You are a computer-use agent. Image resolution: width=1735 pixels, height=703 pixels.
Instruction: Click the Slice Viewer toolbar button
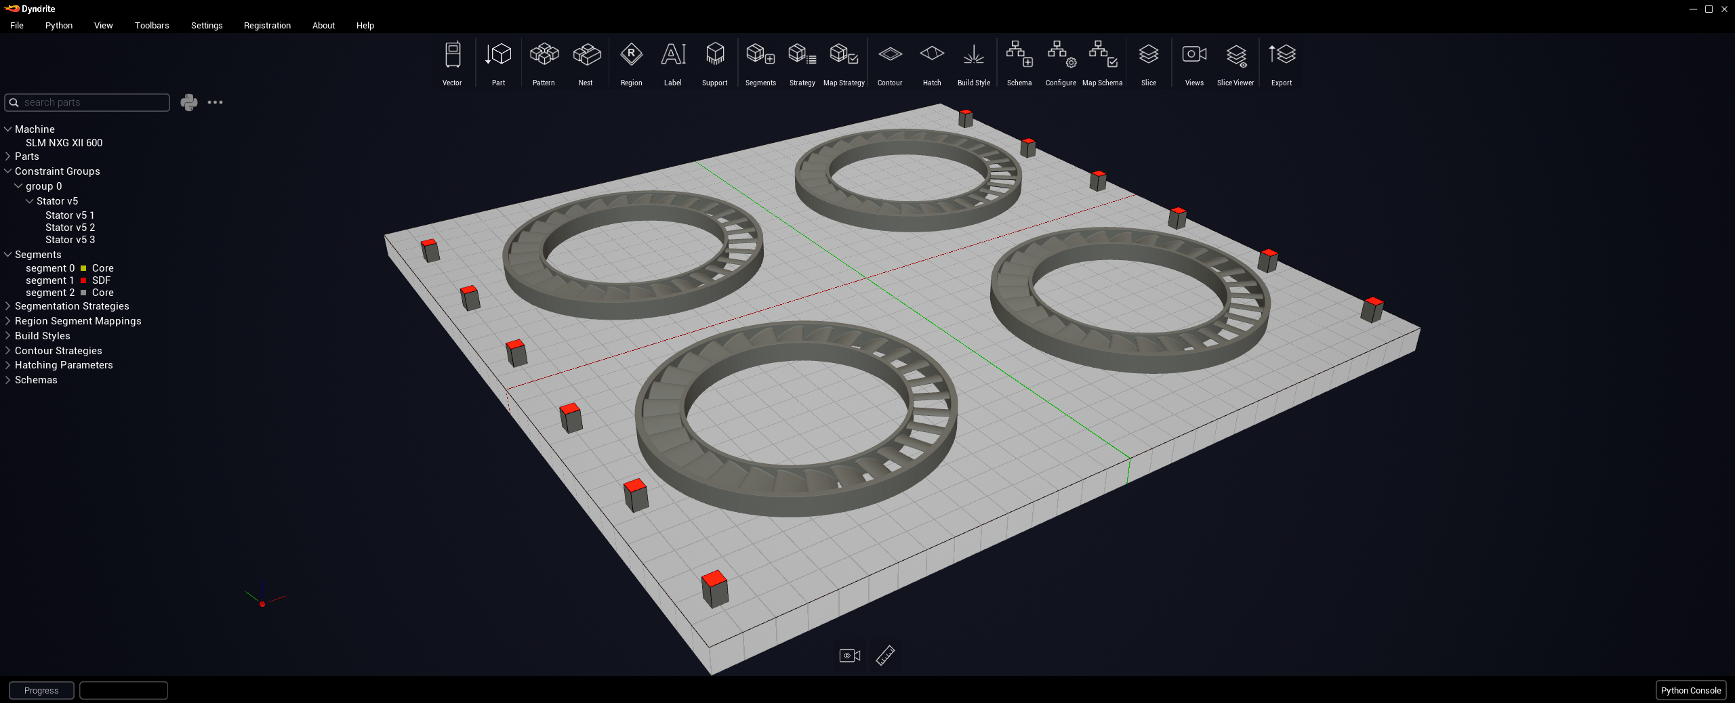click(x=1236, y=63)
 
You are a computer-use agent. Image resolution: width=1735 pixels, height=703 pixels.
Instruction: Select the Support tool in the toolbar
click(x=714, y=63)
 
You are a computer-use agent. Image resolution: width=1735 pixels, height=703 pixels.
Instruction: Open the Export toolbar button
click(x=1282, y=63)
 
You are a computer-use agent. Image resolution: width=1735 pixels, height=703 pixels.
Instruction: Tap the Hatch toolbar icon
click(x=932, y=63)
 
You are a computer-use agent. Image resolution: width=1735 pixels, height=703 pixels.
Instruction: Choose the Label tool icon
click(x=673, y=63)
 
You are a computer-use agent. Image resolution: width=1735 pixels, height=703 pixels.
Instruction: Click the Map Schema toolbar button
click(x=1103, y=63)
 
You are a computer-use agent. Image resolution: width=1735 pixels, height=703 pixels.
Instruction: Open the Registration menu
click(x=267, y=26)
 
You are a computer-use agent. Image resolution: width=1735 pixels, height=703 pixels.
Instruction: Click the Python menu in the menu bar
click(x=59, y=26)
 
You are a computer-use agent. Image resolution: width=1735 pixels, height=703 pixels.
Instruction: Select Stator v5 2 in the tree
click(x=70, y=228)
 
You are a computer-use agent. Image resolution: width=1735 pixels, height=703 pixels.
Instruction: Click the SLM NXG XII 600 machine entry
click(x=64, y=143)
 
